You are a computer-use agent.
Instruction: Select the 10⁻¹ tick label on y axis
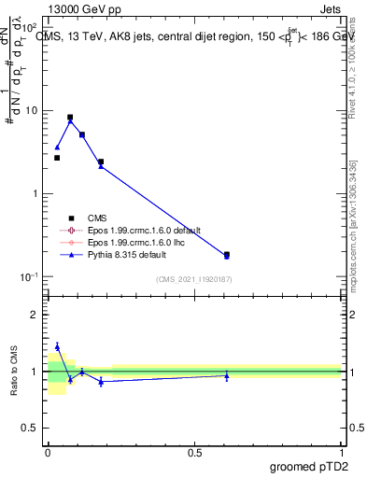(x=28, y=277)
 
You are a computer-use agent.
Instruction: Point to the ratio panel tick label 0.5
(x=29, y=429)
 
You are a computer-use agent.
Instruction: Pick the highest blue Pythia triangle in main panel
(x=70, y=120)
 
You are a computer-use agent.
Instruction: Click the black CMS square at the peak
(x=70, y=118)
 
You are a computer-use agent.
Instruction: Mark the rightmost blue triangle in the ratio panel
(x=226, y=375)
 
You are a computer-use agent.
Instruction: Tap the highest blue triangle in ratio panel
(x=57, y=346)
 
